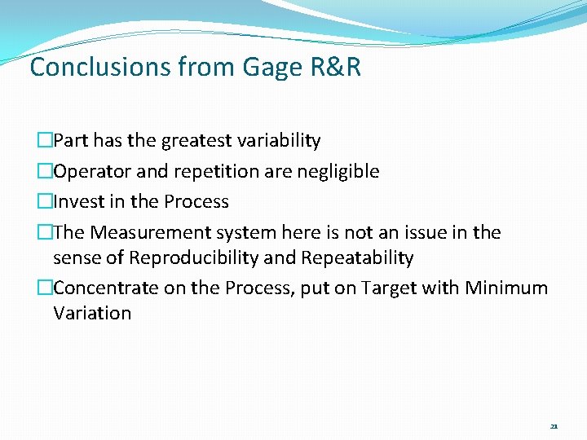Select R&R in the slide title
(x=337, y=67)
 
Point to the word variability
(x=280, y=141)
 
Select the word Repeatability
(x=357, y=258)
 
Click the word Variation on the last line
(x=92, y=314)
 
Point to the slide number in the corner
(x=554, y=426)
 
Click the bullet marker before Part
(x=46, y=141)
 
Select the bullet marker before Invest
(x=46, y=202)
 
